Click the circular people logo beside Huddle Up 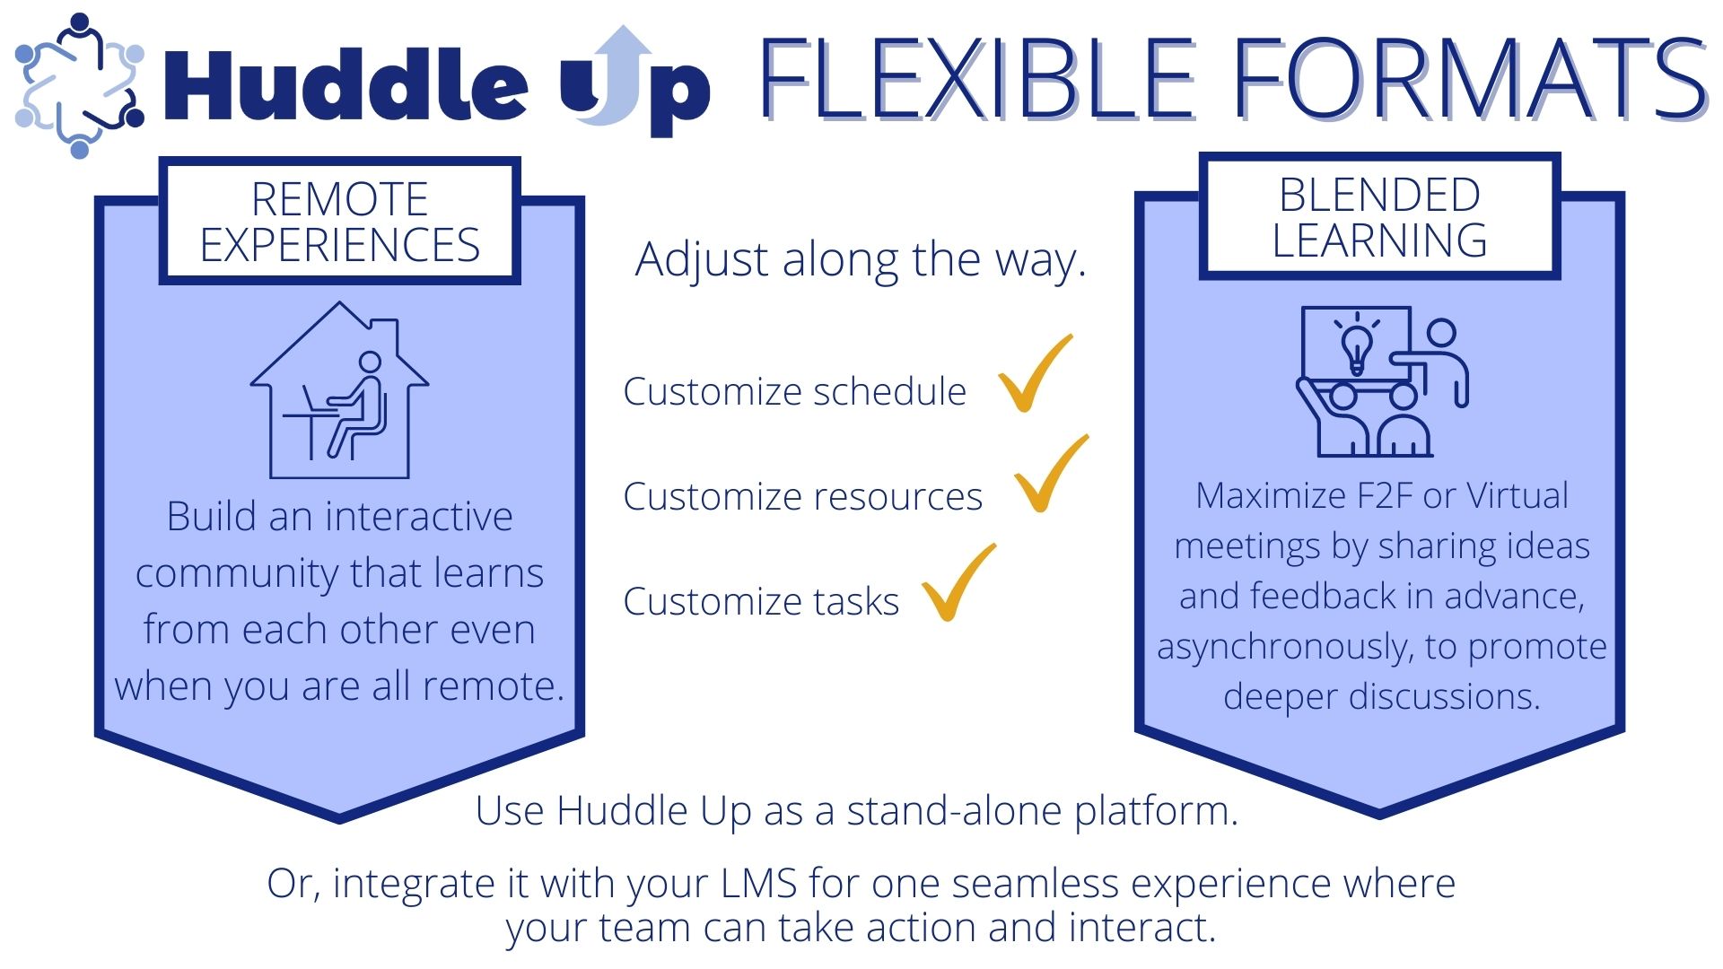coord(79,86)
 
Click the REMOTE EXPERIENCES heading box coord(340,222)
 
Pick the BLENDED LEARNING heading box coord(1380,217)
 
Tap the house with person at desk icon coord(339,390)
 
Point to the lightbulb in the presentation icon coord(1356,345)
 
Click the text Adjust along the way coord(861,260)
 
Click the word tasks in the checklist coord(855,601)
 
